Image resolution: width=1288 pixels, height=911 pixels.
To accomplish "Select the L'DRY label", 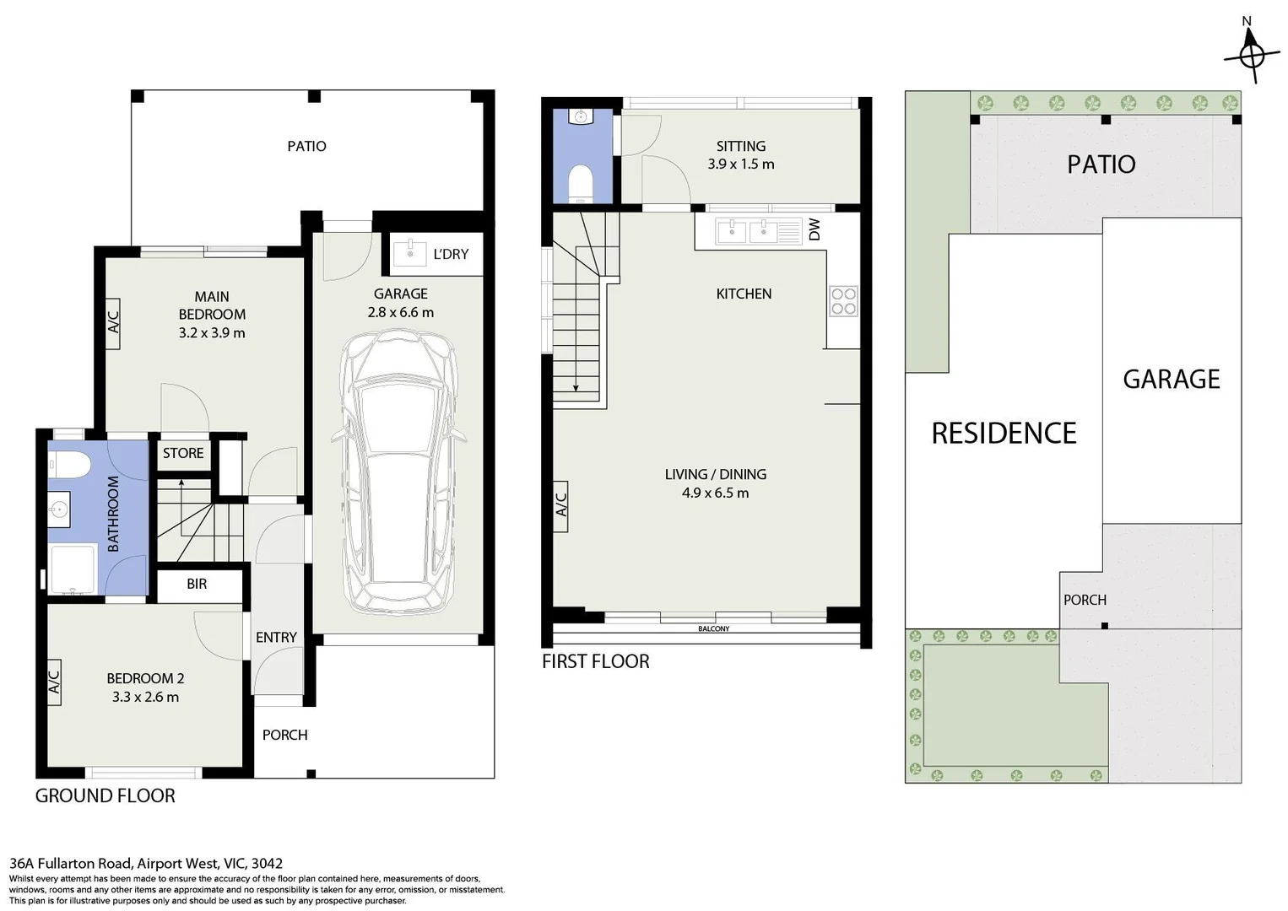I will [450, 254].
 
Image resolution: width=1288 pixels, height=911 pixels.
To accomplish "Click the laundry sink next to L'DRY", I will [410, 251].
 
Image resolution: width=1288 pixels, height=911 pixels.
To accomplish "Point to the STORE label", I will [183, 453].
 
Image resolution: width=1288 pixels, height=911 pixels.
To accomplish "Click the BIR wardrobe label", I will [197, 584].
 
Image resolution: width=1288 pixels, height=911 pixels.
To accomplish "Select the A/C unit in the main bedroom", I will [113, 323].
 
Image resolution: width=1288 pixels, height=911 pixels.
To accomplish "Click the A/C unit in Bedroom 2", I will [55, 682].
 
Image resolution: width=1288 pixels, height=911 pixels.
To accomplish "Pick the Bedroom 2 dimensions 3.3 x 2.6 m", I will [145, 697].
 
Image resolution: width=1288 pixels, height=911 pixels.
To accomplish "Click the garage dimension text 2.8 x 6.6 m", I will [400, 312].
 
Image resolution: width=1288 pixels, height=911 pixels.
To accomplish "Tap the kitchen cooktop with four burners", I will [843, 301].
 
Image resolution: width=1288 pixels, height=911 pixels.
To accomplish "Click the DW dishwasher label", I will [814, 229].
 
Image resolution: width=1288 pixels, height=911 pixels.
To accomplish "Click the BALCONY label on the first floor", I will [713, 629].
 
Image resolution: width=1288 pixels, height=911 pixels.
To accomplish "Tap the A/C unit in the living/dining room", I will [561, 505].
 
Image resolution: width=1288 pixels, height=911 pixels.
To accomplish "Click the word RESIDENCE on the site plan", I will [1004, 433].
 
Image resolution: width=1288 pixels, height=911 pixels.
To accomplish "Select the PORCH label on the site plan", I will [1085, 600].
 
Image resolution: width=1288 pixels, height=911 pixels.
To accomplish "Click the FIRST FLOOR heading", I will [595, 661].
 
